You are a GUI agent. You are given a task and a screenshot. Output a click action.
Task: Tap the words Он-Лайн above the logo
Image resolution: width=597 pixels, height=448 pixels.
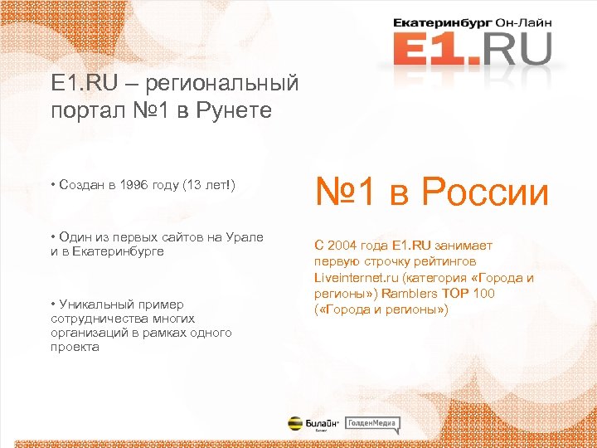pos(522,22)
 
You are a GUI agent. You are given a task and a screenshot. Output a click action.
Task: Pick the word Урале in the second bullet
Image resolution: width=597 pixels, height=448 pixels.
pos(246,238)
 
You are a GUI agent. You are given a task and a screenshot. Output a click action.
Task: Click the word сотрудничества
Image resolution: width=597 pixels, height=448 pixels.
pos(100,319)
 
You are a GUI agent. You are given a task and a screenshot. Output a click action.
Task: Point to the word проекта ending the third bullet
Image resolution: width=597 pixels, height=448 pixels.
pos(75,347)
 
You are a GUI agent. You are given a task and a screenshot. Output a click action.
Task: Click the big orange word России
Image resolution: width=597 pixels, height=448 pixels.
pos(485,192)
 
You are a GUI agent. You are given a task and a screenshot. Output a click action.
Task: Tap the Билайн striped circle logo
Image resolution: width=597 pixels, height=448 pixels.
pos(295,423)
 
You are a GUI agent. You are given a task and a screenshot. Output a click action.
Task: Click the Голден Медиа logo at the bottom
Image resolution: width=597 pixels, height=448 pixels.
pos(372,424)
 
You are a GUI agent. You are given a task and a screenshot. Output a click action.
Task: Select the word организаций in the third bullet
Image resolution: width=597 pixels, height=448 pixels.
pos(87,333)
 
